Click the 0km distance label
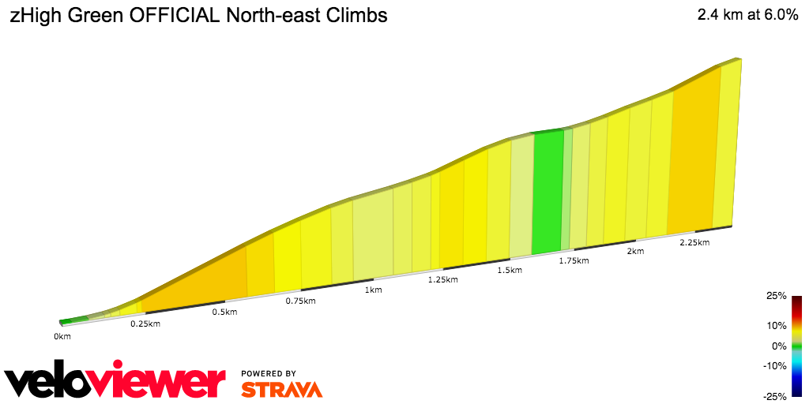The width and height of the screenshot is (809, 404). [62, 337]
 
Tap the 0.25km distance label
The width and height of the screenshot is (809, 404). [145, 324]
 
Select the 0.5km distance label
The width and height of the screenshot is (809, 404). [225, 312]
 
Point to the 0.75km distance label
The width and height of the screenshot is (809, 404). [301, 301]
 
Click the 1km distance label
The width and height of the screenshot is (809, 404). [374, 290]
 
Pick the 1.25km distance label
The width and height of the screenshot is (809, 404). [442, 280]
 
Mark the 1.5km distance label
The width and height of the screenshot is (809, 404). [510, 271]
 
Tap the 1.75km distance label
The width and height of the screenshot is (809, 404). [574, 260]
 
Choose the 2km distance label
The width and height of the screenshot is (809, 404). [635, 252]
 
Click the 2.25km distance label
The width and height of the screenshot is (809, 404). [694, 243]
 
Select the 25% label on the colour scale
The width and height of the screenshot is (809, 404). [777, 297]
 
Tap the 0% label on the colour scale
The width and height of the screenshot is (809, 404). [779, 346]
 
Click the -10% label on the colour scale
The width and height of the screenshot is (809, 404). [775, 365]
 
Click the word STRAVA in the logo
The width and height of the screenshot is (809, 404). [281, 390]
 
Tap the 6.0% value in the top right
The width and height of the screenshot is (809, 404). [777, 16]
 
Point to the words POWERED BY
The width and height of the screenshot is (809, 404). [269, 373]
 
